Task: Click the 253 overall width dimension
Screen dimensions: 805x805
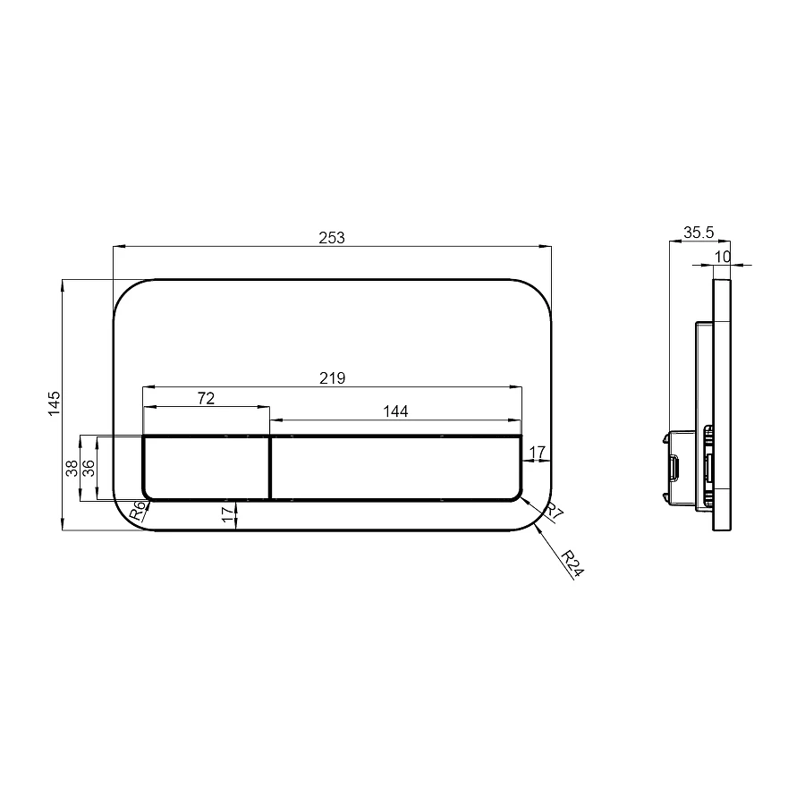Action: click(332, 238)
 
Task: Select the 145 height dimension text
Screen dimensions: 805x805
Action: click(54, 403)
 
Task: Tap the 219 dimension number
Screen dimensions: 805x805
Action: click(332, 378)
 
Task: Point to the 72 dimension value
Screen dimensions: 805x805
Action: click(206, 398)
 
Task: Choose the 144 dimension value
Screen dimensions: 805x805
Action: click(395, 411)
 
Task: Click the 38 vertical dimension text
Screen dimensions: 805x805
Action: click(72, 468)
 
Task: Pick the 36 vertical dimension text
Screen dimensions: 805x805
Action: click(89, 468)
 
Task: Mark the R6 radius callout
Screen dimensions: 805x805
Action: click(138, 511)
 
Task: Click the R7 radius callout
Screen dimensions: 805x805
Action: click(554, 511)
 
